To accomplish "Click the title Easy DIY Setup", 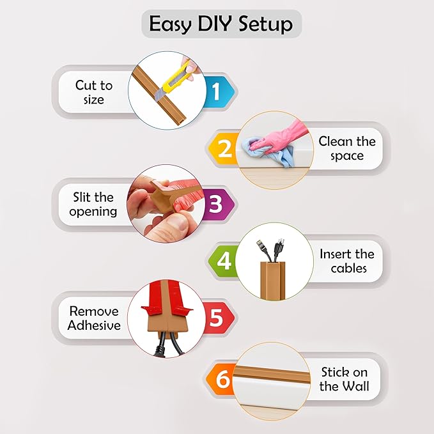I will (x=221, y=24).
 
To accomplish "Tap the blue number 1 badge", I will (x=215, y=93).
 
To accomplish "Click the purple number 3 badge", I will (x=215, y=205).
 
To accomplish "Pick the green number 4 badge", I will (x=224, y=261).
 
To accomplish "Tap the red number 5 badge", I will (x=215, y=318).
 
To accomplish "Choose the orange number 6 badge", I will (x=222, y=380).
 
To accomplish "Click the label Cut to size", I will (x=93, y=92).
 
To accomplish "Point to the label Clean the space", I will (x=347, y=148).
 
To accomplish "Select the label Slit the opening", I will (x=93, y=205).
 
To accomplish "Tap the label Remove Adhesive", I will (x=95, y=318).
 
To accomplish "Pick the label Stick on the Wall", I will (x=345, y=379).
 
